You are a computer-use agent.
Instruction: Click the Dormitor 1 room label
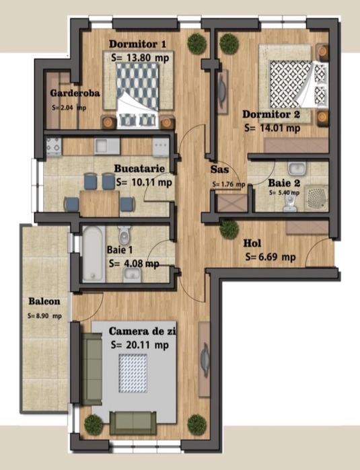click(x=137, y=44)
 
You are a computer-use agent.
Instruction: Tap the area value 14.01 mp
click(x=268, y=126)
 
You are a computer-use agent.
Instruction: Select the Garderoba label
click(x=75, y=94)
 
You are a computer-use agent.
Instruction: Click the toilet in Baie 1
click(x=124, y=237)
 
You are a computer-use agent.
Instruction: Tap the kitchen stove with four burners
click(x=53, y=145)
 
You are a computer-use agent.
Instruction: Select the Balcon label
click(x=44, y=301)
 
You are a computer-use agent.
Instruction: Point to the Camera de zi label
click(x=146, y=332)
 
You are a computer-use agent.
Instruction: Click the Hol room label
click(x=253, y=243)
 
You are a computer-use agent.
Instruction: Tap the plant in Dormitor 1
click(x=196, y=44)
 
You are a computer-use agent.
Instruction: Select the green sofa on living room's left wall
click(x=92, y=366)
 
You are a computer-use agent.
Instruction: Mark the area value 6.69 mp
click(x=270, y=256)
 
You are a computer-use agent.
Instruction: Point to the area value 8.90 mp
click(x=44, y=315)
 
